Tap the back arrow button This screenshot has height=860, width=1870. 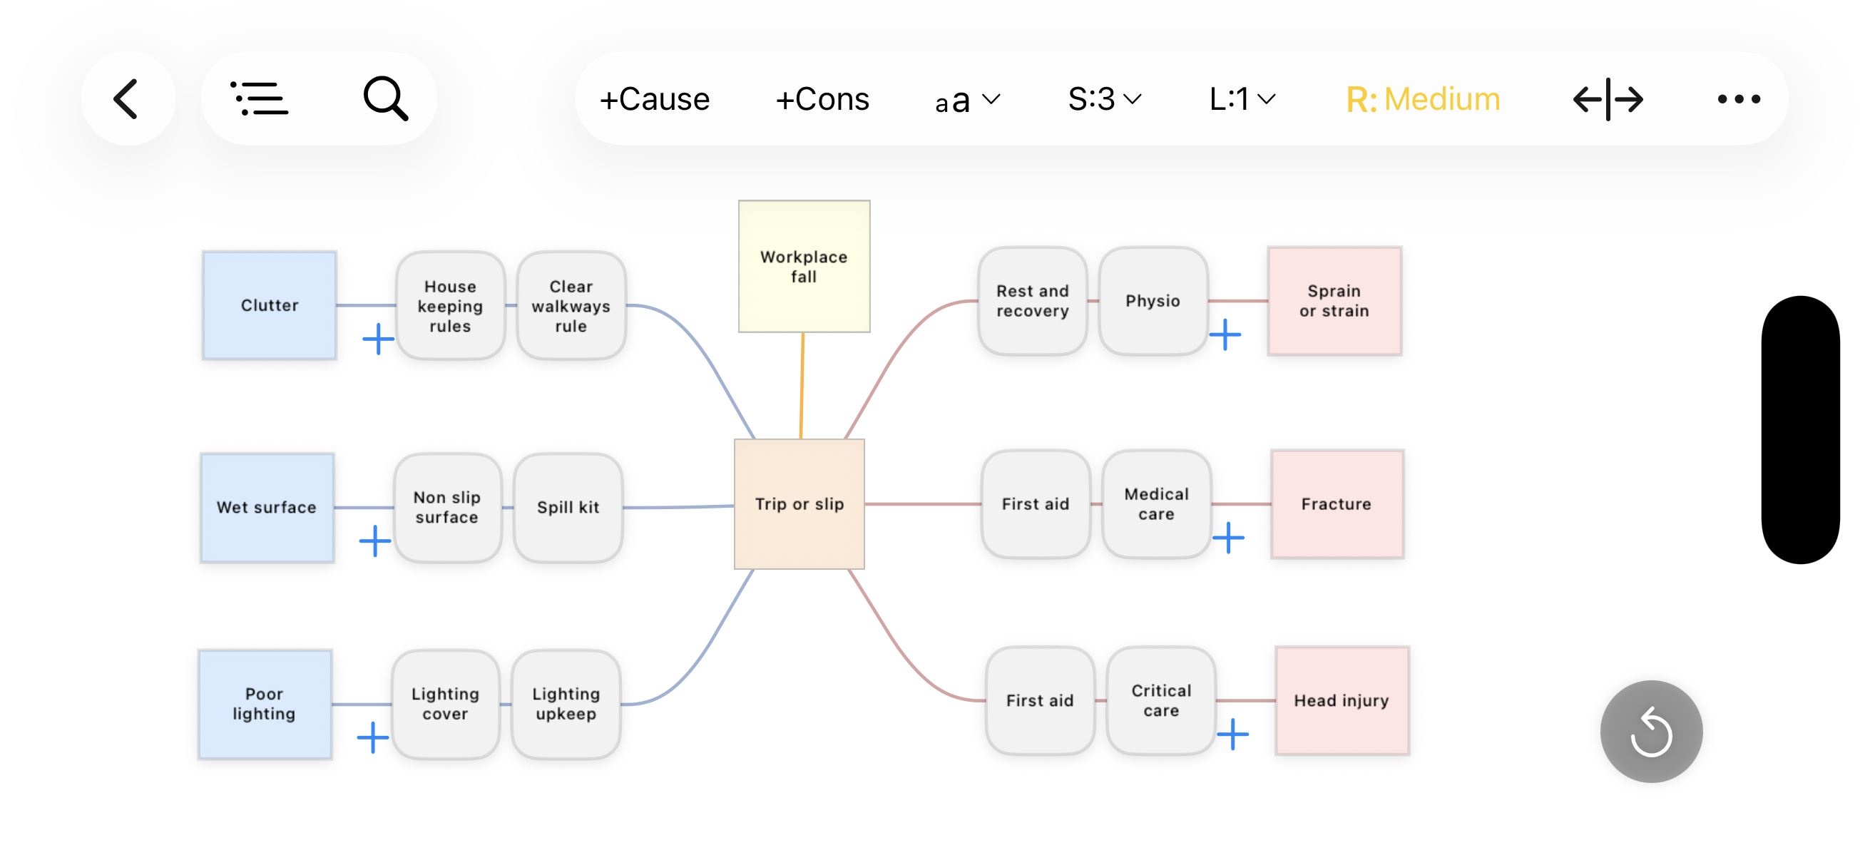(x=127, y=98)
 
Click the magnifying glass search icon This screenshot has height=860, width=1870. (x=385, y=98)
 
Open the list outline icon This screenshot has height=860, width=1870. (x=259, y=98)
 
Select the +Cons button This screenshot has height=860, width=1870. (x=822, y=98)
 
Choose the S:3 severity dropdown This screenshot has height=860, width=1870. (x=1104, y=98)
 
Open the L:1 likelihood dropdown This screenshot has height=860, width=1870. (x=1242, y=98)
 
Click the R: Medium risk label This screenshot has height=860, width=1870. (x=1423, y=98)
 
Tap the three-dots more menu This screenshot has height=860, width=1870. (x=1739, y=98)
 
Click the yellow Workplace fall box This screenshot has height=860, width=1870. (x=804, y=267)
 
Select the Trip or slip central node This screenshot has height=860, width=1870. (x=799, y=503)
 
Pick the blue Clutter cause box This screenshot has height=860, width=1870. (x=270, y=304)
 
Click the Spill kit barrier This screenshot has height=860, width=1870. (x=568, y=507)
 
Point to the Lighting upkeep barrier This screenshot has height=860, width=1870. (x=566, y=703)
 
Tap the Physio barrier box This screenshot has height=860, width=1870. (x=1153, y=300)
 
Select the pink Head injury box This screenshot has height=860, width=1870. (x=1342, y=700)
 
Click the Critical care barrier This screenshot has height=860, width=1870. (x=1161, y=700)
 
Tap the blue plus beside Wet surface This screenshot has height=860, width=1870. (x=375, y=541)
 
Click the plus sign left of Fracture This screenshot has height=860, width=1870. (x=1228, y=538)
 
